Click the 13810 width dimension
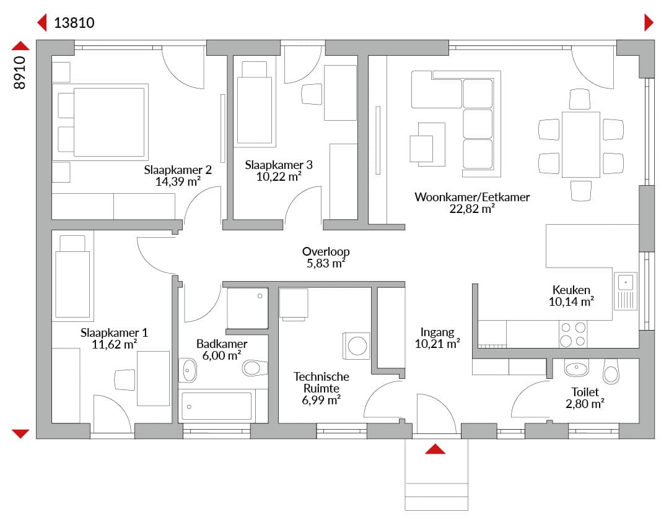(x=74, y=23)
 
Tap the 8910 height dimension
(x=20, y=73)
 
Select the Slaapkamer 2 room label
(x=178, y=170)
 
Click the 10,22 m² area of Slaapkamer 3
(x=279, y=176)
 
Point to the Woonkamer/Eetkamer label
(x=472, y=197)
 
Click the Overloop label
(x=326, y=251)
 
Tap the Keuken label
(x=571, y=290)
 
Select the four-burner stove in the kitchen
(x=573, y=334)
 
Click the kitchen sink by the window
(x=626, y=291)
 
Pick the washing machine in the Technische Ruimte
(x=357, y=345)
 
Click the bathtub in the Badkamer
(x=217, y=406)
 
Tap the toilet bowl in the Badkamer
(x=255, y=368)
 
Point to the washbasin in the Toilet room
(x=577, y=367)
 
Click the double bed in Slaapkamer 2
(x=100, y=122)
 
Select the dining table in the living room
(x=580, y=144)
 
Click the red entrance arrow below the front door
(x=435, y=449)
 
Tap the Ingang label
(x=437, y=332)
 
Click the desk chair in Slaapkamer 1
(x=125, y=380)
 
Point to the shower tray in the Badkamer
(x=247, y=308)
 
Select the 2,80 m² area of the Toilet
(x=585, y=404)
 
